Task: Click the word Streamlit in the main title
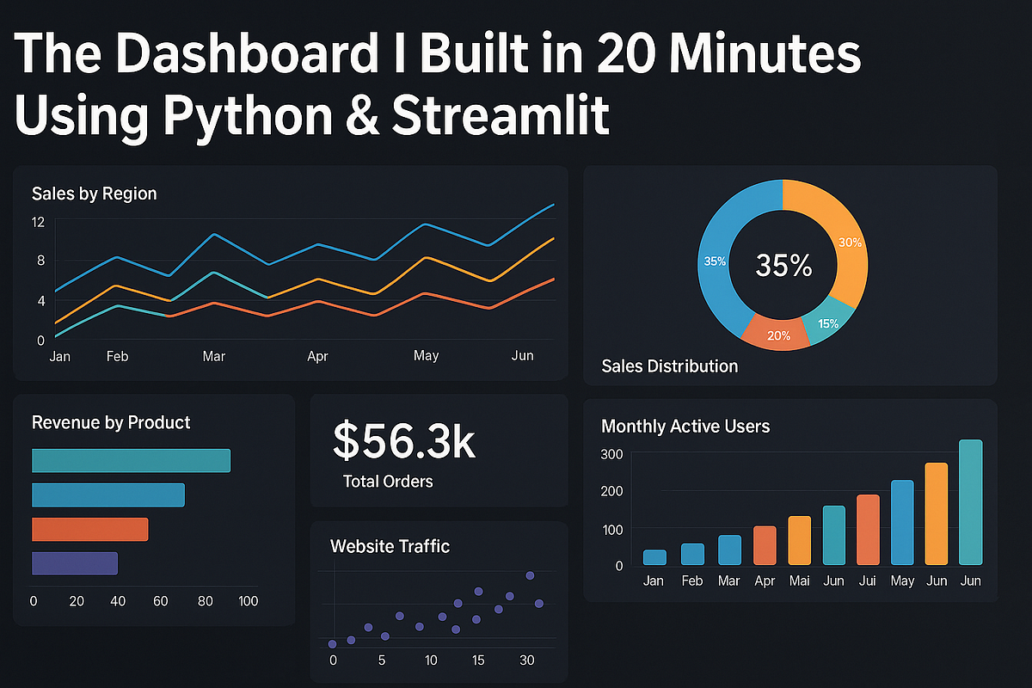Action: [x=501, y=116]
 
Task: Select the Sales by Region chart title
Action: [x=94, y=193]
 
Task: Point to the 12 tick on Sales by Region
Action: [x=38, y=222]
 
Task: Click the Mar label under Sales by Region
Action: [x=213, y=356]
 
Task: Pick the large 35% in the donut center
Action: [x=783, y=266]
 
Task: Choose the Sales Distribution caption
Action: [x=670, y=366]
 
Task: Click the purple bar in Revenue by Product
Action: [x=74, y=563]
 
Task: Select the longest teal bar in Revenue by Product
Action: [x=131, y=460]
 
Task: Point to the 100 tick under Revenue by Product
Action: [x=248, y=601]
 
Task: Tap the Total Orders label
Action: [x=388, y=482]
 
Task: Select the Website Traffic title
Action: [x=390, y=546]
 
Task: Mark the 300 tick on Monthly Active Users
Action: [x=612, y=454]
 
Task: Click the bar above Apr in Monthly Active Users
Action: [x=765, y=545]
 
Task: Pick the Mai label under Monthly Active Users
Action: [x=800, y=581]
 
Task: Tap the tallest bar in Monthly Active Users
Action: [x=970, y=502]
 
